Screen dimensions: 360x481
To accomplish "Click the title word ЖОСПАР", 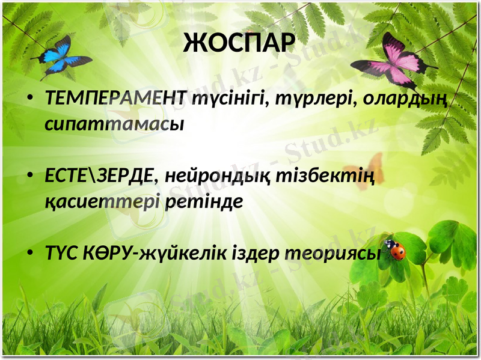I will (239, 43).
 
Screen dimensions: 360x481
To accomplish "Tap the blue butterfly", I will (63, 58).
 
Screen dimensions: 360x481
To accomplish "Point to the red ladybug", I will (395, 249).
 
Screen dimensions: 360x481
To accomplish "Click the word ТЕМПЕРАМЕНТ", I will (117, 99).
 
